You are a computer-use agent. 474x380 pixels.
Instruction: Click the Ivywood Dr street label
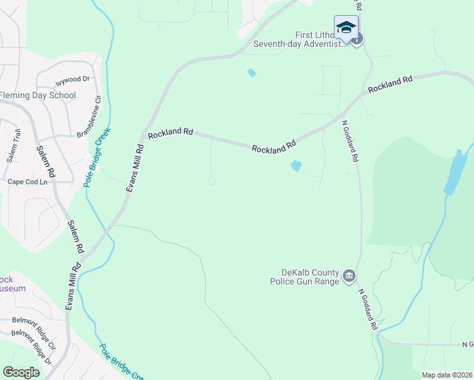[x=73, y=80]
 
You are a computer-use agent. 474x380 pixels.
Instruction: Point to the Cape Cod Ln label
[x=28, y=182]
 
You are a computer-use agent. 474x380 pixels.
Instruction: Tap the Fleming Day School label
[x=37, y=96]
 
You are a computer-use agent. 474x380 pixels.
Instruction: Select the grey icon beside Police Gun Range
[x=349, y=277]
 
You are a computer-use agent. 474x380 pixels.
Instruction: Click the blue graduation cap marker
[x=346, y=28]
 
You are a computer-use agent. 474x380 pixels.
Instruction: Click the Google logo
[x=22, y=372]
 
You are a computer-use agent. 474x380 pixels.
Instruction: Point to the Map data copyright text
[x=447, y=375]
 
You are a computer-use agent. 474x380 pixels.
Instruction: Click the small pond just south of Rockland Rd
[x=295, y=166]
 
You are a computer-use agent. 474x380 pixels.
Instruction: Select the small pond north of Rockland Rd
[x=252, y=73]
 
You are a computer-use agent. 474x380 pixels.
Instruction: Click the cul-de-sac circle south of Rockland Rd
[x=212, y=181]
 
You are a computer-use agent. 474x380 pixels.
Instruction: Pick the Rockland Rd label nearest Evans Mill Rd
[x=170, y=133]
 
